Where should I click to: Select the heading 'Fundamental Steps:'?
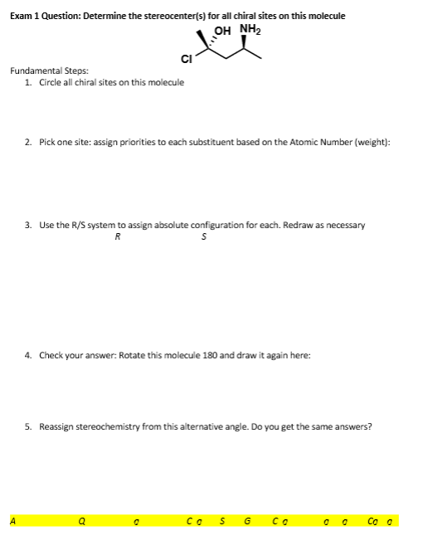tap(43, 71)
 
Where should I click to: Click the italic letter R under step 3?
tap(117, 236)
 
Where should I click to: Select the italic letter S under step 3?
tap(204, 236)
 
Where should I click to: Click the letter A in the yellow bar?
tap(12, 521)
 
